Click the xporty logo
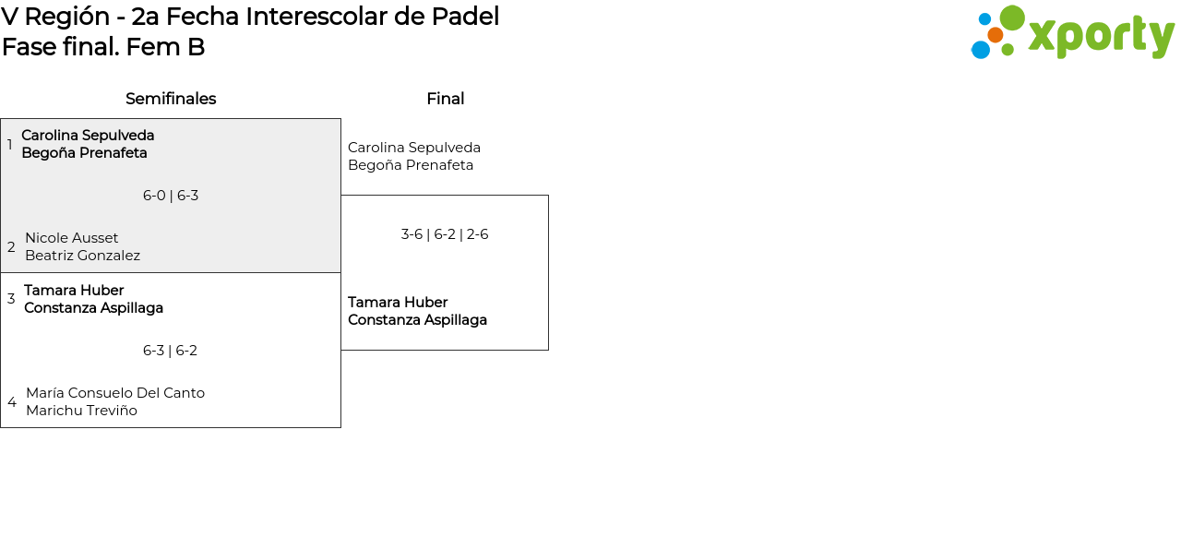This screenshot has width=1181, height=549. [x=1072, y=33]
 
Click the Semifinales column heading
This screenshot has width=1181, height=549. [x=171, y=99]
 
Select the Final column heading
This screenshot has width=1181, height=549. [x=445, y=99]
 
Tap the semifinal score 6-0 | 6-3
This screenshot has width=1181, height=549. [x=171, y=196]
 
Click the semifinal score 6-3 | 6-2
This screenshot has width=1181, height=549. [x=171, y=351]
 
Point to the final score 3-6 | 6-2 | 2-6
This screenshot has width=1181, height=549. [x=445, y=234]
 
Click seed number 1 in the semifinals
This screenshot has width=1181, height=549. [x=10, y=145]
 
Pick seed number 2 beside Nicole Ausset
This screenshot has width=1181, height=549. [x=11, y=247]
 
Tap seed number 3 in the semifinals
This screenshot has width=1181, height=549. [x=11, y=299]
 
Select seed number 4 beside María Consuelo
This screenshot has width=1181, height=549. [x=12, y=402]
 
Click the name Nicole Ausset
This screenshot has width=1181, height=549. [x=72, y=238]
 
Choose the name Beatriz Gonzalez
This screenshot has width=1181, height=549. [x=83, y=256]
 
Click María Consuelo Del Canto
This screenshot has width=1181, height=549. [x=115, y=393]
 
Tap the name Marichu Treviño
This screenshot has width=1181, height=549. [x=81, y=411]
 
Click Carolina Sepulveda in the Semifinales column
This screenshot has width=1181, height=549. [x=88, y=136]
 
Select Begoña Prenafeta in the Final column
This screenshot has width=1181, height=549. [x=411, y=165]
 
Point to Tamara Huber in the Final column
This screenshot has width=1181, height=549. [x=398, y=303]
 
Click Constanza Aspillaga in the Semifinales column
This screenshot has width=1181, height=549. [x=93, y=308]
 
